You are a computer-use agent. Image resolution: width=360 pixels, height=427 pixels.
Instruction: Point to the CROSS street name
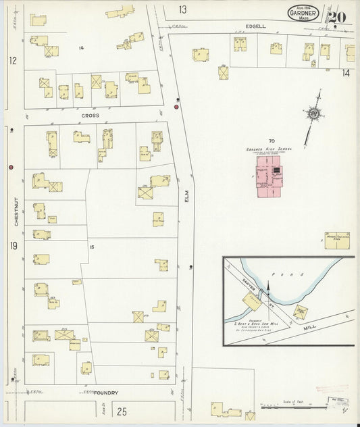pyautogui.click(x=91, y=116)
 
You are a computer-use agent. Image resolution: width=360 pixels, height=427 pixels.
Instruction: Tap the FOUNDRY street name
pyautogui.click(x=106, y=393)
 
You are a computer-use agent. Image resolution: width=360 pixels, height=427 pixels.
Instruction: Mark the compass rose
pyautogui.click(x=313, y=114)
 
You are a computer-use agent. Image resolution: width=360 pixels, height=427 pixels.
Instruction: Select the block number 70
pyautogui.click(x=272, y=139)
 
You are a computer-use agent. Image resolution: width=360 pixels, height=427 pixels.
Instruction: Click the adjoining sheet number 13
pyautogui.click(x=183, y=9)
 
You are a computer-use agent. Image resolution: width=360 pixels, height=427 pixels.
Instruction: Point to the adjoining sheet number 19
pyautogui.click(x=13, y=247)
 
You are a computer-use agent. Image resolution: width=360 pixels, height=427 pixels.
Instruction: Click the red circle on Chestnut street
pyautogui.click(x=11, y=167)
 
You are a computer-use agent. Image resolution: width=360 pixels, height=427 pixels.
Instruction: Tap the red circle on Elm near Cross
pyautogui.click(x=177, y=107)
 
